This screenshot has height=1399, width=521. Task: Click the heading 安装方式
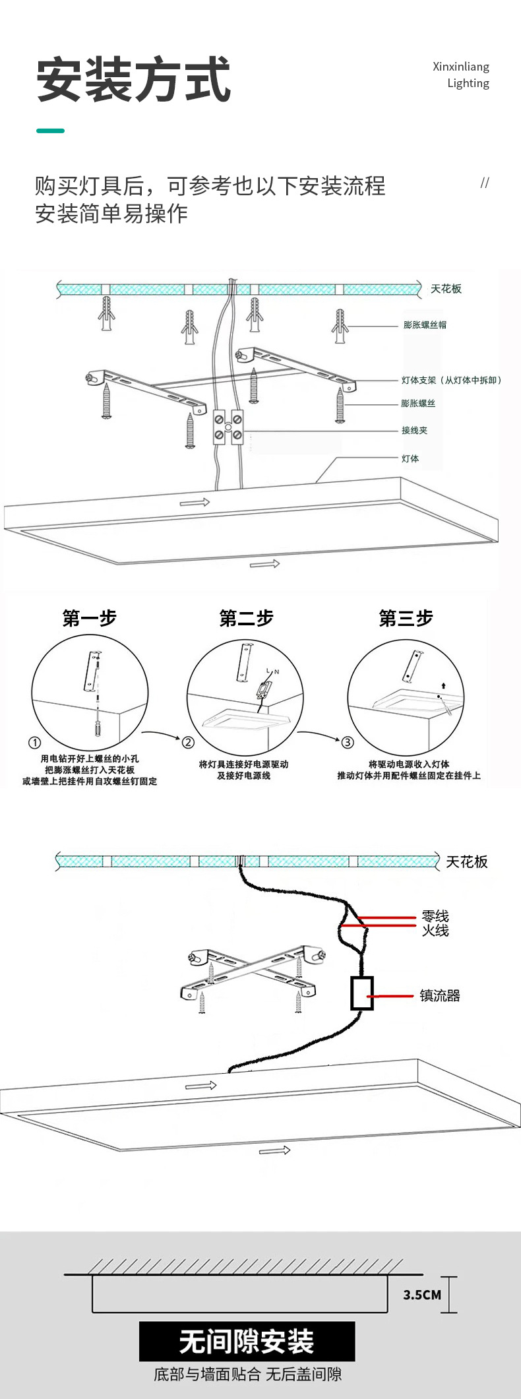point(133,80)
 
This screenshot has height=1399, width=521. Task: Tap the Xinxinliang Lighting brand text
point(461,75)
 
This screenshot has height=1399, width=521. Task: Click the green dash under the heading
point(50,131)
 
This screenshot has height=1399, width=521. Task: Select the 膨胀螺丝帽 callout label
point(425,325)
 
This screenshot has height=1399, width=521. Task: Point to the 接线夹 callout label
point(414,430)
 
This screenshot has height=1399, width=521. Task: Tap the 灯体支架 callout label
point(451,380)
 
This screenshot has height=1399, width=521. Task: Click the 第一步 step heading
point(89,618)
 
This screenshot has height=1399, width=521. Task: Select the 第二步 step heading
point(246,618)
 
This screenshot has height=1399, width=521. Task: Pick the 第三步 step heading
point(406,618)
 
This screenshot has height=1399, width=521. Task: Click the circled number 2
point(189,742)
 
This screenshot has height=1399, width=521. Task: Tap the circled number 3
point(348,742)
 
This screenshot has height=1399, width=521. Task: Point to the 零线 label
point(435,916)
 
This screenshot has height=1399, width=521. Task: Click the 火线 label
point(435,930)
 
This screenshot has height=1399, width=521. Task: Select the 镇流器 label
point(440,995)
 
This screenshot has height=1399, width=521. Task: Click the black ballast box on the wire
point(361,993)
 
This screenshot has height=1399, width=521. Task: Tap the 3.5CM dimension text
point(422,1295)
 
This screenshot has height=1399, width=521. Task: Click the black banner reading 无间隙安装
point(247,1341)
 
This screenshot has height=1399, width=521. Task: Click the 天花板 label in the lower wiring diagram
point(466,861)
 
